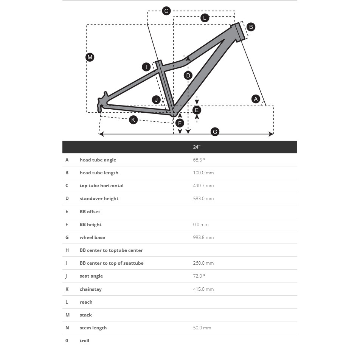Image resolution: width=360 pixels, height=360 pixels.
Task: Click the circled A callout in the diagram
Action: [x=256, y=99]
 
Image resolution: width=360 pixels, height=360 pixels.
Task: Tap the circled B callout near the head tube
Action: [x=250, y=27]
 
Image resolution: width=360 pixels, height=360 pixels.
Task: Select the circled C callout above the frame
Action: [x=166, y=11]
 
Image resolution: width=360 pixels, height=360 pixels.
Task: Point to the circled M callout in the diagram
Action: [x=90, y=57]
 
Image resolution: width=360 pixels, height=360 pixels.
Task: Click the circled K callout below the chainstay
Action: [x=133, y=120]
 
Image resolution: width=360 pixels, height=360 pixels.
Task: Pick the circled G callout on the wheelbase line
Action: [x=215, y=132]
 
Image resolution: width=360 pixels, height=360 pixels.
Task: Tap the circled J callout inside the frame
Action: [x=156, y=100]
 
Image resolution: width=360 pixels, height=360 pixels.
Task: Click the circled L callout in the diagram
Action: [x=205, y=18]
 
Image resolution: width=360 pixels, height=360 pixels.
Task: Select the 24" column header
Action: [x=197, y=147]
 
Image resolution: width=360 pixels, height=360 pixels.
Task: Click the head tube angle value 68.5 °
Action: [x=199, y=160]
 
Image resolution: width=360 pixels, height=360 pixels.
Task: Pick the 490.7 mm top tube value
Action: [x=203, y=186]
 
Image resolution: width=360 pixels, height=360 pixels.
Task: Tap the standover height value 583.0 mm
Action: [x=203, y=199]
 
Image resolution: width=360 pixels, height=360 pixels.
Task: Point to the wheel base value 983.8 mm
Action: [x=203, y=237]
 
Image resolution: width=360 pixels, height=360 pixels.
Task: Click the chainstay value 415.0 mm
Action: [x=203, y=289]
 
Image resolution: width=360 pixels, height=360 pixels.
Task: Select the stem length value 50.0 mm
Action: [x=202, y=328]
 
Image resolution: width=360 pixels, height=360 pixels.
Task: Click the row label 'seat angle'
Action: [x=91, y=276]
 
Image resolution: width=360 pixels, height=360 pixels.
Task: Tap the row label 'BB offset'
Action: [x=90, y=212]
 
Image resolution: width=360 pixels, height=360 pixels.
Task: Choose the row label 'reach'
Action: [x=86, y=302]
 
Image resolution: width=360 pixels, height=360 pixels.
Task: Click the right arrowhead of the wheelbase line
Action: [x=271, y=134]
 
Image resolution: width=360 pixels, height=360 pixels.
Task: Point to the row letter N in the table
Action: [x=67, y=328]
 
